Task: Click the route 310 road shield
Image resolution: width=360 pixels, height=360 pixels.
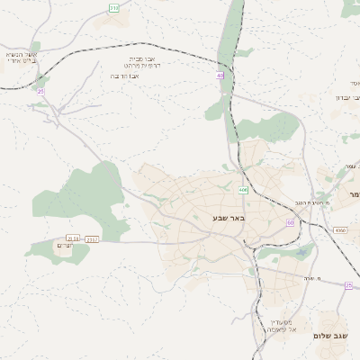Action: point(113,7)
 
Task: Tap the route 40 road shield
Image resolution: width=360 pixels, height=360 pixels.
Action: point(220,76)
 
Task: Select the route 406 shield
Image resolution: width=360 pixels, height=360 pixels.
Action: point(243,190)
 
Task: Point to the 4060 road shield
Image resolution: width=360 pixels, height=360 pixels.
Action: point(339,231)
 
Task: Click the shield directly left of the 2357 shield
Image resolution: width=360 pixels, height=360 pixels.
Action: point(74,238)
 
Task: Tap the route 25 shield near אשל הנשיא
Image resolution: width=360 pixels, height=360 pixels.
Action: point(40,90)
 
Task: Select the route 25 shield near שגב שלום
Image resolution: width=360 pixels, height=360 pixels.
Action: point(348,284)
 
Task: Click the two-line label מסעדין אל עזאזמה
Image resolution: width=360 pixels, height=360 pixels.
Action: point(283,326)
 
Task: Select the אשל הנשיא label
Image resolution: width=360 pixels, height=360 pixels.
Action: point(22,55)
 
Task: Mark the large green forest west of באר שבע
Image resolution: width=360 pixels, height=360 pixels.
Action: point(90,193)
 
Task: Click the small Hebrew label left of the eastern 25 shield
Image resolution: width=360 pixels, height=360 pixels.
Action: point(312,278)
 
